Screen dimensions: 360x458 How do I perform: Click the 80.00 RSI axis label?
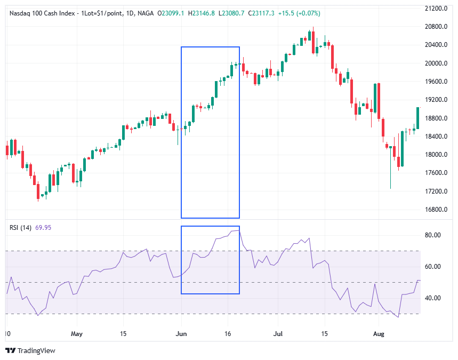[432, 235]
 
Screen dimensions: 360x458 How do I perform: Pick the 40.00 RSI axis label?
[432, 298]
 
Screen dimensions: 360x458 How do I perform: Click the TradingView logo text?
[36, 350]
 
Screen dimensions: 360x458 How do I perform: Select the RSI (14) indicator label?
[21, 228]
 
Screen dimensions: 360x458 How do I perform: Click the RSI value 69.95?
[43, 228]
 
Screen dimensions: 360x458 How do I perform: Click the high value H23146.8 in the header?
[200, 13]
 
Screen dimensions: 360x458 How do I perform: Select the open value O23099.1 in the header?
[171, 13]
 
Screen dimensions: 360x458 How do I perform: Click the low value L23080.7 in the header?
[231, 13]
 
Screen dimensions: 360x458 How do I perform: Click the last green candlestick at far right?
[418, 118]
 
